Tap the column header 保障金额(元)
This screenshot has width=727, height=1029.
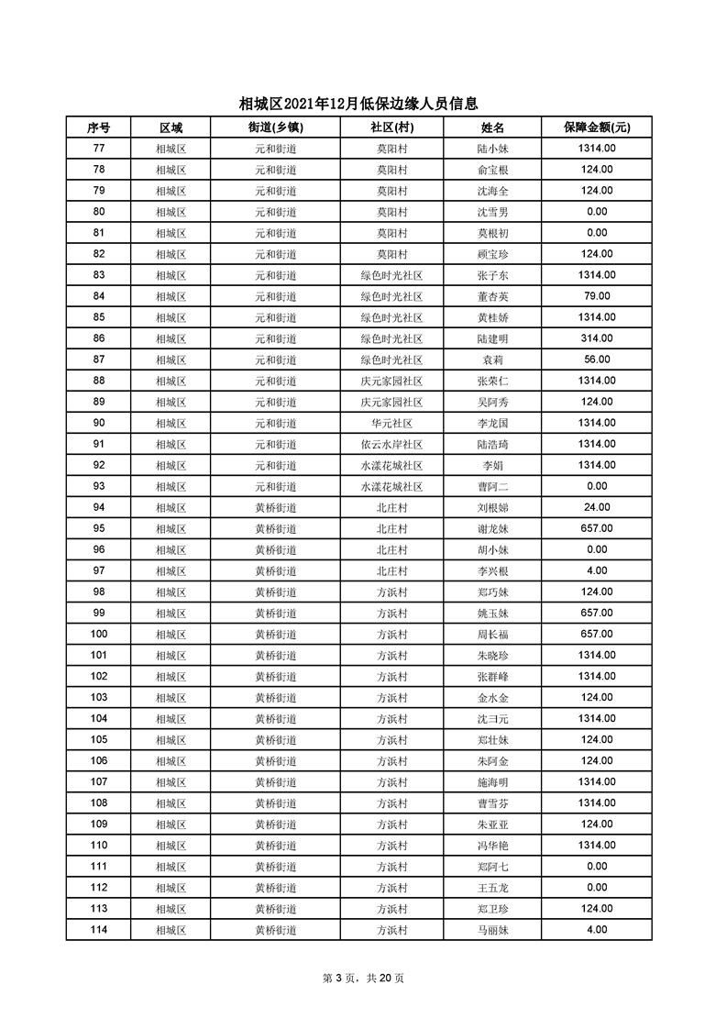pyautogui.click(x=597, y=127)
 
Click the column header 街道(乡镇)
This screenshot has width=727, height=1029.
pyautogui.click(x=275, y=127)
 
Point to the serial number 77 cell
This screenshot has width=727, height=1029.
pyautogui.click(x=99, y=149)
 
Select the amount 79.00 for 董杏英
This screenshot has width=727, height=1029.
pyautogui.click(x=597, y=296)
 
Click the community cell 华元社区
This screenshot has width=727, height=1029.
pyautogui.click(x=391, y=423)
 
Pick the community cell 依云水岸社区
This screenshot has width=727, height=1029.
pyautogui.click(x=391, y=444)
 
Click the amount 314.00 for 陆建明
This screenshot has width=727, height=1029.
pyautogui.click(x=597, y=338)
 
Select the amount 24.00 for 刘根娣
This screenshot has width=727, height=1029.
pyautogui.click(x=597, y=507)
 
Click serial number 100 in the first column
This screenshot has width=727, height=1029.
pyautogui.click(x=99, y=634)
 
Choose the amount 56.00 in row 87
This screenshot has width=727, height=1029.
pyautogui.click(x=597, y=360)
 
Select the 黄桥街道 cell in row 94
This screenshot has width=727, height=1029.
pyautogui.click(x=275, y=507)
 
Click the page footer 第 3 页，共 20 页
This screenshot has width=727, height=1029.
pyautogui.click(x=364, y=978)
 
